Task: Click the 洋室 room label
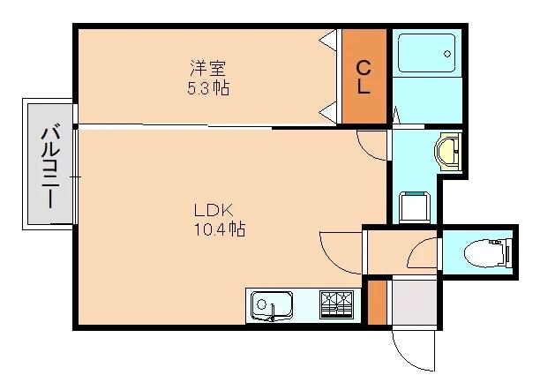point(208,68)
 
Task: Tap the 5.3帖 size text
point(208,88)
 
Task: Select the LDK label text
point(214,210)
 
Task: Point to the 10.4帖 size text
point(220,229)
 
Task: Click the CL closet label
point(364,77)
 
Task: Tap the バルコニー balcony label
point(50,168)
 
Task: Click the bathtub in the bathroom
point(426,53)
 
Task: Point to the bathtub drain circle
point(447,54)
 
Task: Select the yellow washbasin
point(447,152)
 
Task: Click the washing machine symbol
point(415,206)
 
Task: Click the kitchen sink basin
point(272,305)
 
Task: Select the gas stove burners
point(336,304)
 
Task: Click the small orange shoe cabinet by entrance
point(377,303)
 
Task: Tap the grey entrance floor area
point(415,303)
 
